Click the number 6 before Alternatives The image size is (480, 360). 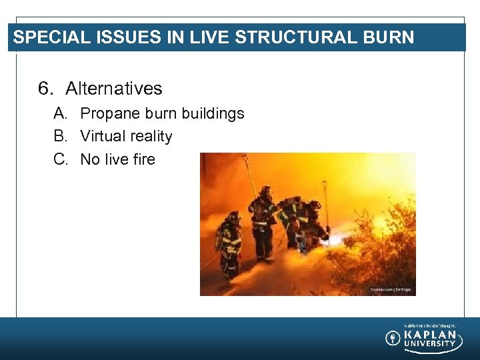tap(45, 89)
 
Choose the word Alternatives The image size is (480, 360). tap(114, 89)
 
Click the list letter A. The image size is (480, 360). tap(59, 113)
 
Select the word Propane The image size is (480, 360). tap(109, 114)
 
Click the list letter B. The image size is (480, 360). tap(59, 136)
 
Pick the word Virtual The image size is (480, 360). tap(101, 136)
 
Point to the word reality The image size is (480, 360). tap(149, 137)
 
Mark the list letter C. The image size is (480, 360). tap(59, 159)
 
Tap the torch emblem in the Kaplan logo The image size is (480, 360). tap(393, 339)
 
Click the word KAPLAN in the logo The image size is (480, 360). tap(431, 335)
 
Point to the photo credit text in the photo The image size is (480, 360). tap(391, 289)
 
